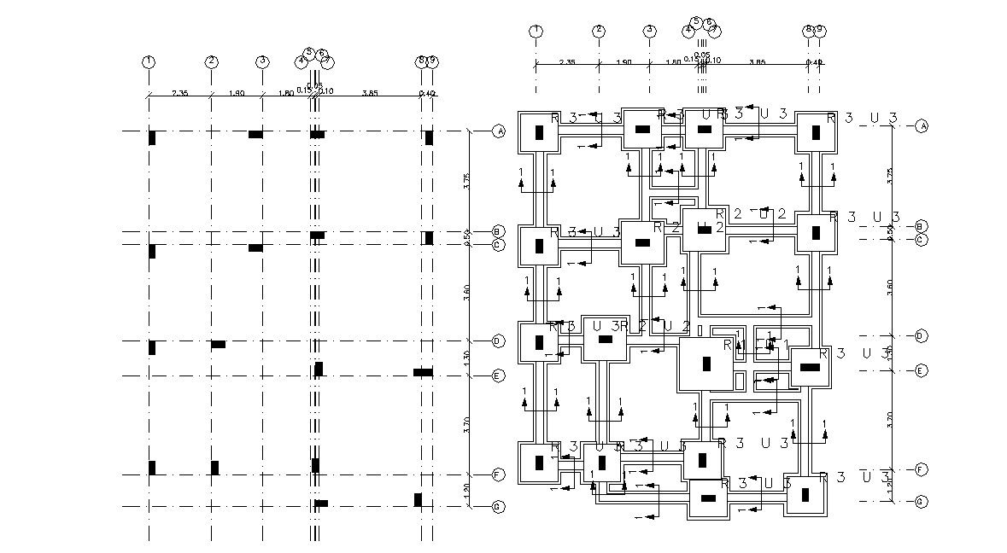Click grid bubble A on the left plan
point(499,131)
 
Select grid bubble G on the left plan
point(499,507)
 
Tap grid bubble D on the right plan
point(921,336)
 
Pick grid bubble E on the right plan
point(921,370)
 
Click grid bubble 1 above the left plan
point(149,61)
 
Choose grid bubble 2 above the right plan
point(599,31)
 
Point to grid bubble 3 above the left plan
point(262,61)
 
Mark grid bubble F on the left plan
point(499,474)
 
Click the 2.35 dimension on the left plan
point(179,92)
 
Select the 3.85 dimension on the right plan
point(756,61)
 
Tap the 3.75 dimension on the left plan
point(466,181)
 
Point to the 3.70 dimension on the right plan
point(890,418)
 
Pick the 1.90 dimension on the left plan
point(237,92)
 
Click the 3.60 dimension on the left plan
point(466,293)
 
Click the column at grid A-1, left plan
point(152,137)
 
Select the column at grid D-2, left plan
point(218,344)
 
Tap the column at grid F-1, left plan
point(152,468)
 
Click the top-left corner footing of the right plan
point(539,132)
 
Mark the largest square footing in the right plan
point(706,364)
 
